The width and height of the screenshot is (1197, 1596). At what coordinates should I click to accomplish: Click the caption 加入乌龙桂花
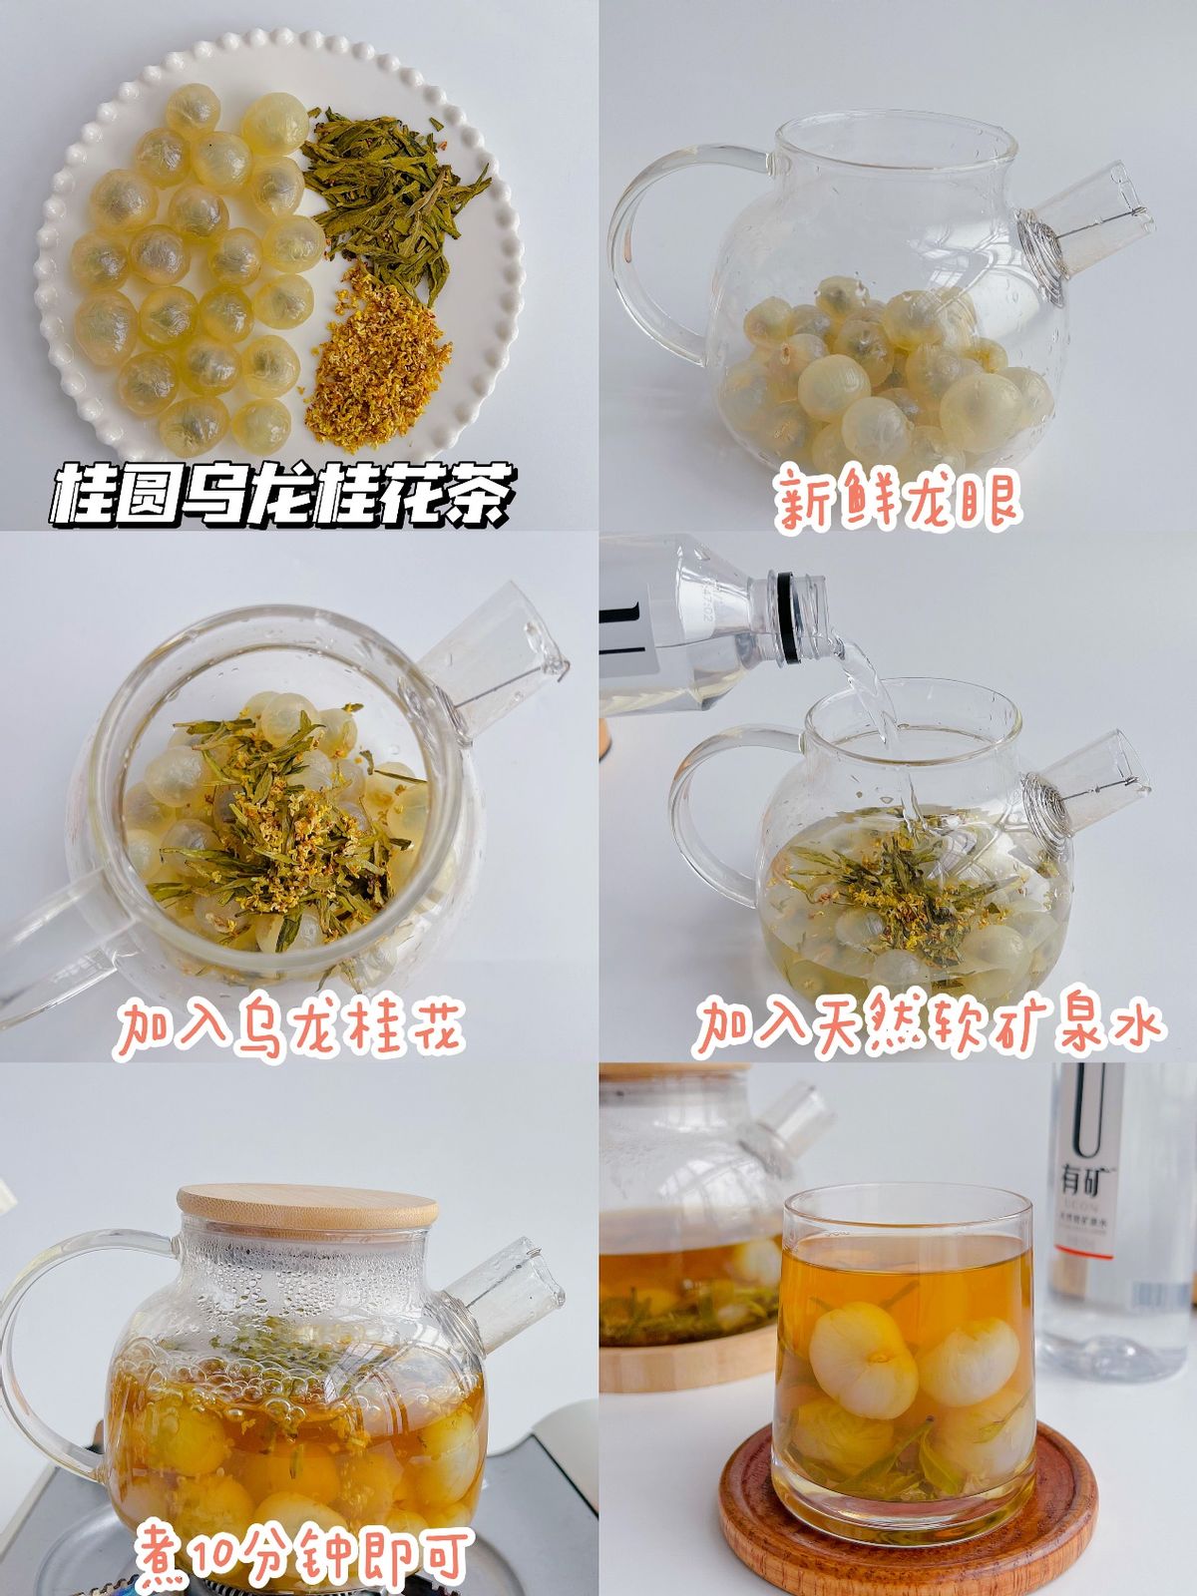pyautogui.click(x=290, y=1027)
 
